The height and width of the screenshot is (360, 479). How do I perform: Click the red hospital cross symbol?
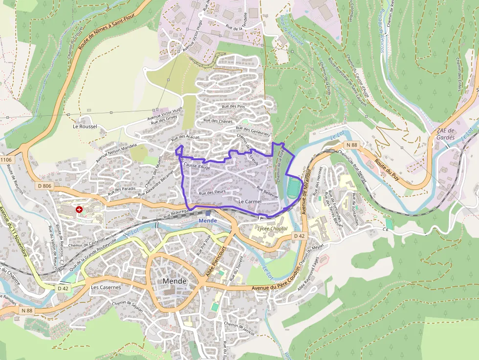coord(79,209)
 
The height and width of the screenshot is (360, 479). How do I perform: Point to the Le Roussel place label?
coord(85,126)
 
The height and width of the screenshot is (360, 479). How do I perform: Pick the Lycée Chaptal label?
coord(272,228)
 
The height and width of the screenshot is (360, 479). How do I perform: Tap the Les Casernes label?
coord(106,287)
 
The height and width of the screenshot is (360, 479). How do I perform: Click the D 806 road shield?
coord(44,186)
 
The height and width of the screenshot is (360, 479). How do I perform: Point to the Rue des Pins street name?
coord(233,106)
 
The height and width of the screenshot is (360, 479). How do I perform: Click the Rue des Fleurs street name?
coord(212,192)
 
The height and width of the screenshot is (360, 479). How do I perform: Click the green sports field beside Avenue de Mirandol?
coord(293,188)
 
